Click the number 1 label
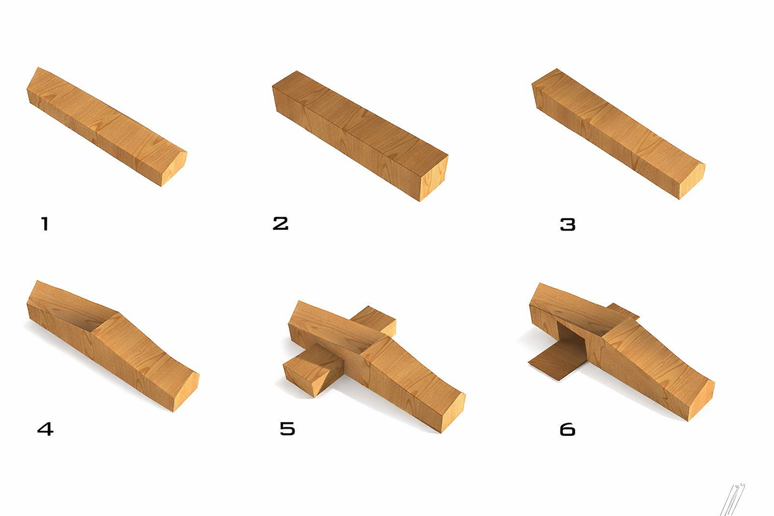click(x=45, y=224)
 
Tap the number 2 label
click(x=280, y=223)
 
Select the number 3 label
click(x=568, y=224)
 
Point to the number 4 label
click(x=45, y=429)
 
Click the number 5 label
click(x=287, y=428)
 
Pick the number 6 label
click(x=568, y=429)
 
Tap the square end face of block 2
click(x=434, y=178)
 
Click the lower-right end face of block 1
click(x=174, y=169)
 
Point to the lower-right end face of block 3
click(x=692, y=181)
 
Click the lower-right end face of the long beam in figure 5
click(x=453, y=412)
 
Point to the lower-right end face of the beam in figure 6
click(x=701, y=400)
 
